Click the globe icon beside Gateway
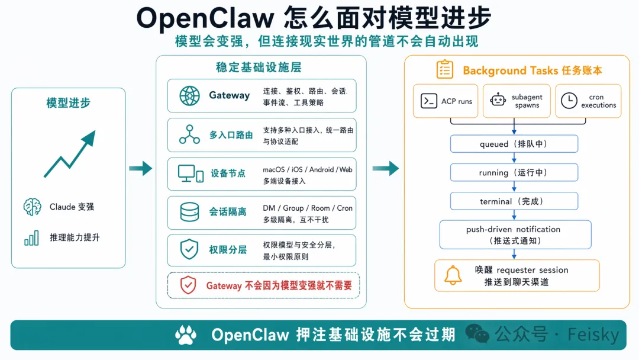[190, 95]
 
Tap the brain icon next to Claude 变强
[32, 207]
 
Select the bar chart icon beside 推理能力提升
[32, 238]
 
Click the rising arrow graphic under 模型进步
[69, 155]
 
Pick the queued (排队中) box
[514, 144]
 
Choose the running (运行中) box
[514, 172]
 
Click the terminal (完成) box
[514, 201]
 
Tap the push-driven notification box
[515, 234]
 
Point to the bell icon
[453, 275]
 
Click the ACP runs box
[447, 101]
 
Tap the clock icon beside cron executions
[569, 101]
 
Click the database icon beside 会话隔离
[189, 212]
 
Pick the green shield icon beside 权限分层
[189, 249]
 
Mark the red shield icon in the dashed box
[188, 285]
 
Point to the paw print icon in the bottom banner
[186, 335]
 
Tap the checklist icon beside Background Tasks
[445, 70]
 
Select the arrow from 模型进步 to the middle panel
[140, 169]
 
